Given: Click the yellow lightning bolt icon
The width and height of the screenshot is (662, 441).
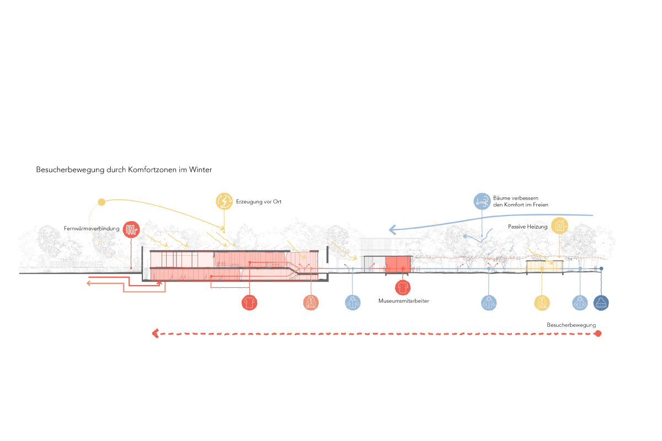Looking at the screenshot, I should point(225,202).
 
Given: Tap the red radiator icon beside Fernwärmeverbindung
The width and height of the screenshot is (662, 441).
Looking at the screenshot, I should point(131,229).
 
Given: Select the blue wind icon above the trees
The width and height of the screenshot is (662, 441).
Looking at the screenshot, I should point(482,201).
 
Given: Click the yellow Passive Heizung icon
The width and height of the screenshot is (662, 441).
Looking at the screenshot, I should point(560,225).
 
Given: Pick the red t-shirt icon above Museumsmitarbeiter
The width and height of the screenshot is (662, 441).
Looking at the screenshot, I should point(403,288).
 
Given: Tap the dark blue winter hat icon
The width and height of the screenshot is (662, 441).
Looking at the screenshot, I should point(601,302).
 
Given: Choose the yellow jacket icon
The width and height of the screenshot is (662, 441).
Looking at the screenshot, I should point(542,303).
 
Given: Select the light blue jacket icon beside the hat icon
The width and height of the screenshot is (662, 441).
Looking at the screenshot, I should point(579,302).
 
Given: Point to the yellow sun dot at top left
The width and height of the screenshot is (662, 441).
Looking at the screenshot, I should point(101,202).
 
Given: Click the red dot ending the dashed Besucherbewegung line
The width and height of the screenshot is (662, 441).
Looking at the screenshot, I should point(599,334).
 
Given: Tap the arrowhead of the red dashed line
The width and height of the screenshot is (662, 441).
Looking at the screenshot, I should point(156,334).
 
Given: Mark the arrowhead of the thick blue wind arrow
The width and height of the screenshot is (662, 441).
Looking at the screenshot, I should point(392,229).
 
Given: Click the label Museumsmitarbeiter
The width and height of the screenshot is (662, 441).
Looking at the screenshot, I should point(403,301).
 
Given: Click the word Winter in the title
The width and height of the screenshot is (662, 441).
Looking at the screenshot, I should point(200,170).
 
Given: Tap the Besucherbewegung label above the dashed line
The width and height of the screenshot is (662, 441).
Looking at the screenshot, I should point(571,325).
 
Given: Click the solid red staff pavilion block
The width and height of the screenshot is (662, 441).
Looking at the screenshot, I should point(398,263).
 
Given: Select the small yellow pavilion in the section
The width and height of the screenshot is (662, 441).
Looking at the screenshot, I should point(544,267).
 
